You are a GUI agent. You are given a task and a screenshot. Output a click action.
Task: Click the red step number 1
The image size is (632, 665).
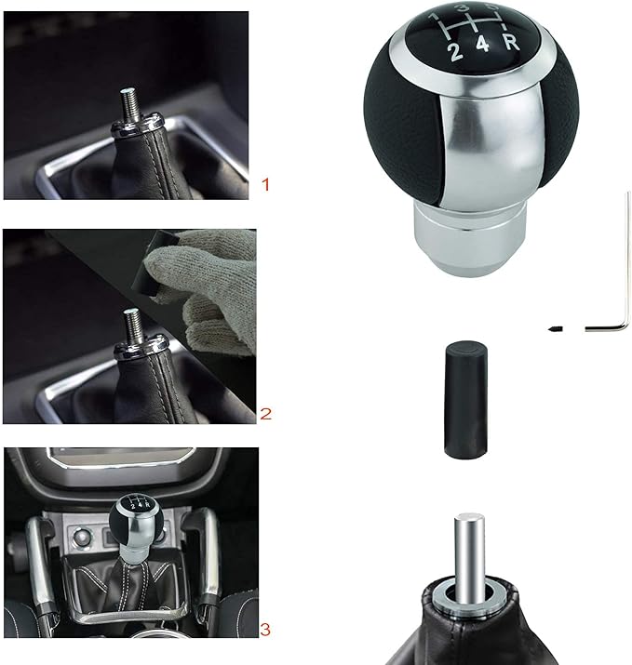point(265,185)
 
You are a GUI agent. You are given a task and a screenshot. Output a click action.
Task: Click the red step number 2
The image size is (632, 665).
point(265,414)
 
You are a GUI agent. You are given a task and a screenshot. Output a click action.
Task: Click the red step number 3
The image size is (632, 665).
point(266,631)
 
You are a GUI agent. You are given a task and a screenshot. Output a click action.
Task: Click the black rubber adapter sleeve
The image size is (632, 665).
point(463,401)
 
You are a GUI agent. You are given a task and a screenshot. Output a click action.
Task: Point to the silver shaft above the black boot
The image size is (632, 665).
point(466,550)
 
